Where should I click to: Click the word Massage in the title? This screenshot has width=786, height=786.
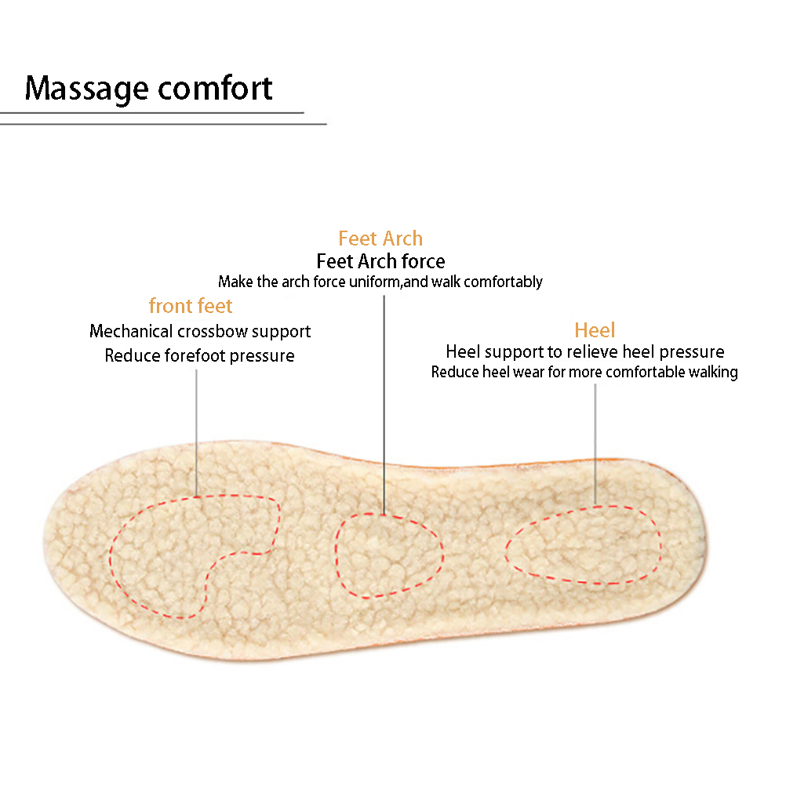(x=87, y=89)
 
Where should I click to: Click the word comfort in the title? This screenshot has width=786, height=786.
(x=216, y=88)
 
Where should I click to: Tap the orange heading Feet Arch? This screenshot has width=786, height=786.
(x=380, y=238)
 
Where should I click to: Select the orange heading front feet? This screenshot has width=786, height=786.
(x=191, y=305)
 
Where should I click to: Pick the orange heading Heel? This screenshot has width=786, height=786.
(x=595, y=329)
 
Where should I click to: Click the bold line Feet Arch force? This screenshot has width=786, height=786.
(x=380, y=261)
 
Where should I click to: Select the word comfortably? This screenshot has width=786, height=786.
(x=503, y=282)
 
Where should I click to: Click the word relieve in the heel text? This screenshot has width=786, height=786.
(x=591, y=351)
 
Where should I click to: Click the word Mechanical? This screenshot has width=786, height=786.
(x=131, y=331)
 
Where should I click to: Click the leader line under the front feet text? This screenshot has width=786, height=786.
(x=196, y=433)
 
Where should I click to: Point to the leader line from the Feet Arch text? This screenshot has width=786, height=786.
(x=384, y=405)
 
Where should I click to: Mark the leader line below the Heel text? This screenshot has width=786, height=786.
(x=595, y=444)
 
